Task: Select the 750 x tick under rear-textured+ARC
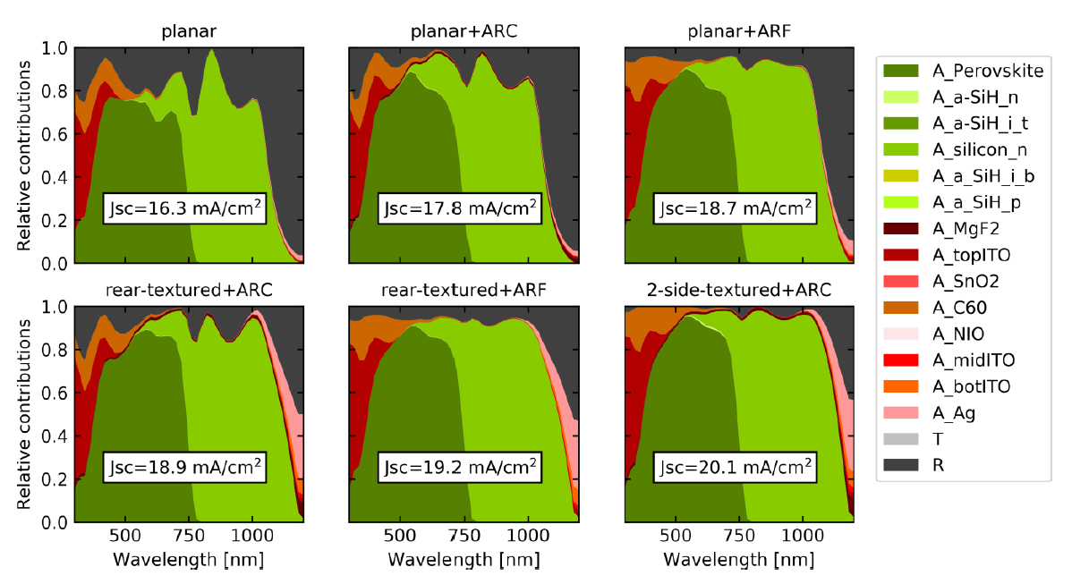189,537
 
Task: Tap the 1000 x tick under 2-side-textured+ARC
802,537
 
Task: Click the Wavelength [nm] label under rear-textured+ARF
463,560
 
